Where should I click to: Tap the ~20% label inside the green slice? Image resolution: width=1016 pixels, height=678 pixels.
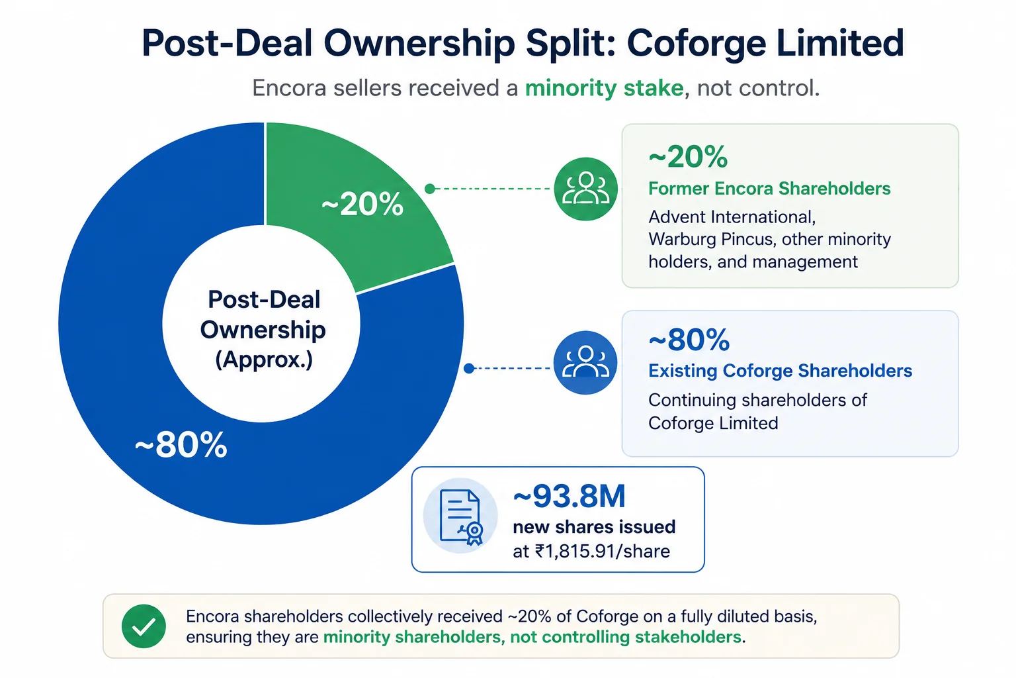coord(362,204)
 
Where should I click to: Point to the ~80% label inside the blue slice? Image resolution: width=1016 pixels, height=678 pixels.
coord(181,444)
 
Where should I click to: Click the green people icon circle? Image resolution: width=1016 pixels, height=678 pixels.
coord(585,189)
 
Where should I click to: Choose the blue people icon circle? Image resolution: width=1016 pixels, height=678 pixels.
coord(585,362)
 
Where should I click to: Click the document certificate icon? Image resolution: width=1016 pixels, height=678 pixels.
coord(460,516)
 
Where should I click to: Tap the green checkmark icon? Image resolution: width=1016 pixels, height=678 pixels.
coord(144,626)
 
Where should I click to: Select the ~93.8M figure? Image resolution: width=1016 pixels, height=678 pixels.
coord(570,496)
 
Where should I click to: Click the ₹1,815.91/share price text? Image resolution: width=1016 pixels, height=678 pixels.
coord(603,552)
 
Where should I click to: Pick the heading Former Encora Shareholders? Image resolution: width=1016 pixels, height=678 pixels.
coord(769,189)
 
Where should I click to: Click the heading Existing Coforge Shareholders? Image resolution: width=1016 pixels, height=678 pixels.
coord(780,371)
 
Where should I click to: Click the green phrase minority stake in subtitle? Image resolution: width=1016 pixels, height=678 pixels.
coord(604,87)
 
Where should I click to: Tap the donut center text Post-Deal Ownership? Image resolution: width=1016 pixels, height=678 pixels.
coord(263,315)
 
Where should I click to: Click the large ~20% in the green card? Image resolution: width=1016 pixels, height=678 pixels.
coord(688,157)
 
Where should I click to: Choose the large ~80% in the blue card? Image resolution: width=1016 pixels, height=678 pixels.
coord(689,339)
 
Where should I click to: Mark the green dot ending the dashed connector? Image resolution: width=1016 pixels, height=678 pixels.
coord(430,189)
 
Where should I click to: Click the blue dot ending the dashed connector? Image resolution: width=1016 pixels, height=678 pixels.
coord(469,368)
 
